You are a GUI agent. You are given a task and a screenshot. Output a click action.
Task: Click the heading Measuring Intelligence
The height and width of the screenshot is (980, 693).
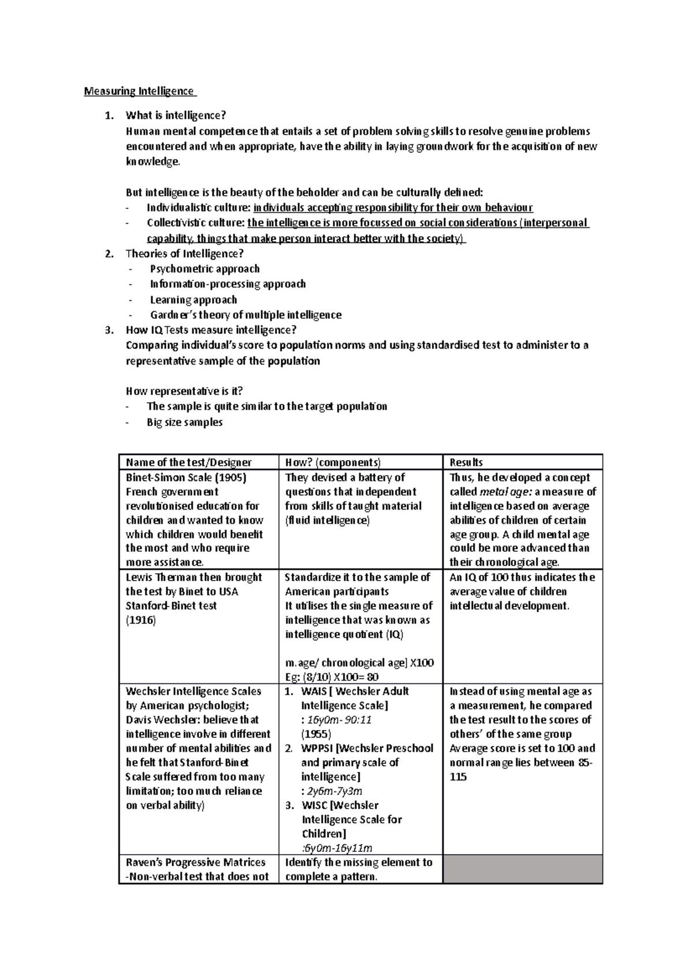pyautogui.click(x=139, y=91)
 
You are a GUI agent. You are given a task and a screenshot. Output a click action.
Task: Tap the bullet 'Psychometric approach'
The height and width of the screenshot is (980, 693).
pyautogui.click(x=204, y=269)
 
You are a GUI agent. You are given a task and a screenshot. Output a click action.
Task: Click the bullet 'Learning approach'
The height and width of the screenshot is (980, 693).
pyautogui.click(x=193, y=300)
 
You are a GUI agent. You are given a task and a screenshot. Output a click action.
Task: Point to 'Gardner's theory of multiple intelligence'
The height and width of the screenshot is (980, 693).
pyautogui.click(x=245, y=315)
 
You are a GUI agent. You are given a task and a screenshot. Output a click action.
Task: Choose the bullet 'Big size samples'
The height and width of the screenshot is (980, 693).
pyautogui.click(x=184, y=422)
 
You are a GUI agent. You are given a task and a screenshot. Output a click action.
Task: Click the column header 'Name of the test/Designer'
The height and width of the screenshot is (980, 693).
pyautogui.click(x=189, y=462)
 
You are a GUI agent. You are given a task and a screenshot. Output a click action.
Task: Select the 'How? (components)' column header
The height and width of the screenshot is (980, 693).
pyautogui.click(x=333, y=462)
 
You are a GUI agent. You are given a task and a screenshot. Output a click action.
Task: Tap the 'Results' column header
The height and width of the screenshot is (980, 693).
pyautogui.click(x=466, y=462)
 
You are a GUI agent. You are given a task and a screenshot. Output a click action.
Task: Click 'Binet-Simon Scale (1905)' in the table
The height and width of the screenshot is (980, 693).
pyautogui.click(x=186, y=478)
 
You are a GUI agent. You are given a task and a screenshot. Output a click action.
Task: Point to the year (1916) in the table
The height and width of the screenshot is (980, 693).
pyautogui.click(x=141, y=620)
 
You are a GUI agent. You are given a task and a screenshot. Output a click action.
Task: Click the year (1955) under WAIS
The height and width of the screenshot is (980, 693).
pyautogui.click(x=316, y=734)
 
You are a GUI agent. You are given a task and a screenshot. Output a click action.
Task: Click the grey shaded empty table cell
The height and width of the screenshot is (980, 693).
pyautogui.click(x=523, y=869)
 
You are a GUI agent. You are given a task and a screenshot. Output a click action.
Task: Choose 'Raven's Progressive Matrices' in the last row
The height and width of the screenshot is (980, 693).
pyautogui.click(x=195, y=862)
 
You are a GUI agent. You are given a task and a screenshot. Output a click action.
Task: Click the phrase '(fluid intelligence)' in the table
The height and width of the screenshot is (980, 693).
pyautogui.click(x=327, y=521)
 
